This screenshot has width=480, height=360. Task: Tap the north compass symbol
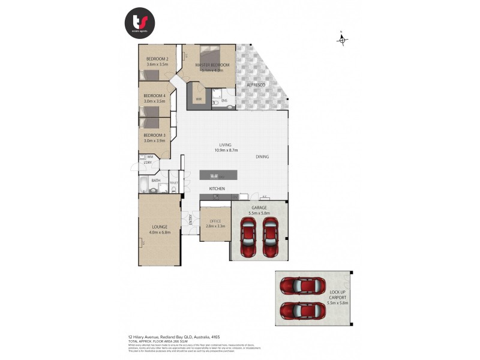tap(342, 40)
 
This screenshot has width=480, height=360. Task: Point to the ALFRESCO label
tap(257, 86)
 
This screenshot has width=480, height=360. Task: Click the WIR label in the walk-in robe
tap(197, 98)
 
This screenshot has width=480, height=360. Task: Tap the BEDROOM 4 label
tap(154, 96)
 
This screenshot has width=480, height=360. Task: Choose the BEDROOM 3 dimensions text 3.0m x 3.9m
tap(154, 140)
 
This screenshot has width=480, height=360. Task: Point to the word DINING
tap(262, 157)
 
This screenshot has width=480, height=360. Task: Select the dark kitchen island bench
tap(218, 176)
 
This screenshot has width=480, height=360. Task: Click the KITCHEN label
tap(217, 189)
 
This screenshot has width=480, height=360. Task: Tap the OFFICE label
tap(215, 221)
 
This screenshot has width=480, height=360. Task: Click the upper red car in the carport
tap(303, 286)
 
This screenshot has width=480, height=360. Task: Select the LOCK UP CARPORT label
tap(338, 294)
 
